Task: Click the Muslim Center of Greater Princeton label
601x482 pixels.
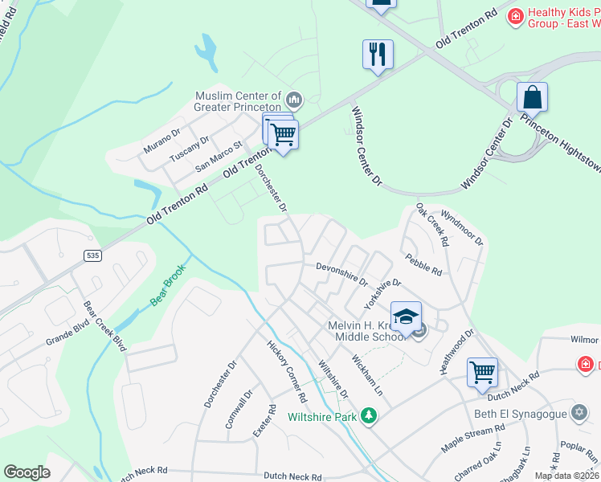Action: pos(238,101)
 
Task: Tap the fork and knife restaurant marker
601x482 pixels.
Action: pos(378,55)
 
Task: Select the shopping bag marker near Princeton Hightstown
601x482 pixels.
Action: pos(532,98)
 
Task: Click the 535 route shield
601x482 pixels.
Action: pos(93,255)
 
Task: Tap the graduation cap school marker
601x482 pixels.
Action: pos(406,316)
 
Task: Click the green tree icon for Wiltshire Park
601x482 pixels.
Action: pos(369,415)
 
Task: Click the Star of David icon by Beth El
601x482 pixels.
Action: pos(579,413)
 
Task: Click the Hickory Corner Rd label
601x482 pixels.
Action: pos(287,370)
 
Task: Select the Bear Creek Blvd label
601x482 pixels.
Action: pos(105,327)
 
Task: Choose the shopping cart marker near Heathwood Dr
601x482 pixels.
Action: pos(482,371)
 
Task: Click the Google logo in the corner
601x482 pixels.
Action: pos(27,472)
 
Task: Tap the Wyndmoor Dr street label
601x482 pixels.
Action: pos(462,229)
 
